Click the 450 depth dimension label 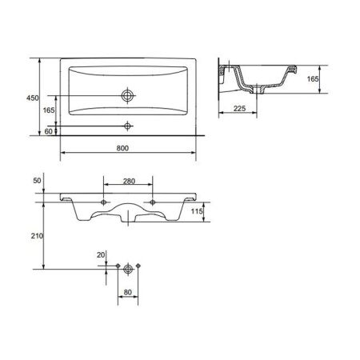33,98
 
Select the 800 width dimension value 122,148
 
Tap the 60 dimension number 48,131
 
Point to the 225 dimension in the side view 239,109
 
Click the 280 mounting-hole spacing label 129,182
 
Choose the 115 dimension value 197,211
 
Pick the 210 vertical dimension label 37,236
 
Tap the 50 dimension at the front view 37,181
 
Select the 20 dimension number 101,255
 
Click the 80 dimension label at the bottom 128,293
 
